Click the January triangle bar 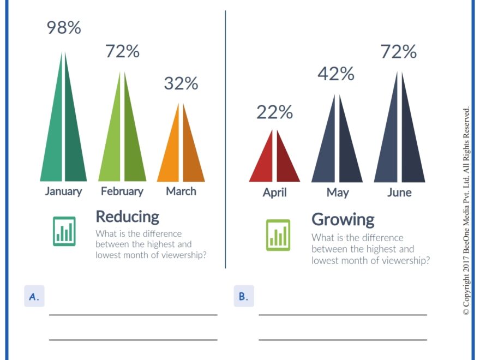(64, 136)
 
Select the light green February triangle (122, 142)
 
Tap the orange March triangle (181, 153)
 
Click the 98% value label (64, 28)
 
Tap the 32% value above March (181, 83)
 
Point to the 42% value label (336, 73)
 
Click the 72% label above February (122, 51)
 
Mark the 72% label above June (399, 52)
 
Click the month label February (122, 191)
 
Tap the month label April (274, 193)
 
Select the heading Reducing (127, 216)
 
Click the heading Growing (343, 219)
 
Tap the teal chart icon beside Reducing (64, 231)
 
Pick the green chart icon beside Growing (278, 235)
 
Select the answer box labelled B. (244, 296)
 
